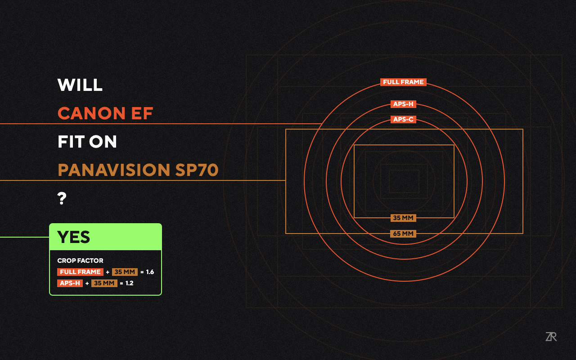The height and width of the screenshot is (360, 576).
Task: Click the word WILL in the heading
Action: (80, 85)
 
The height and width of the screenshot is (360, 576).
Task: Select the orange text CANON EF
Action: (105, 113)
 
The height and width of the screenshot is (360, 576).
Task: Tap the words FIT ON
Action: (87, 141)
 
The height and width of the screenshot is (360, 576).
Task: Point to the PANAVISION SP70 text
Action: (138, 170)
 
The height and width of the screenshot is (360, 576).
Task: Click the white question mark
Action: (62, 198)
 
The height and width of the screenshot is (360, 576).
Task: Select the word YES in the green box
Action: (73, 237)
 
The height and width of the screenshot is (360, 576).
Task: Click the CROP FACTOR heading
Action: (80, 261)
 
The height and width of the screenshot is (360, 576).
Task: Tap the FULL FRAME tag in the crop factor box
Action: (80, 272)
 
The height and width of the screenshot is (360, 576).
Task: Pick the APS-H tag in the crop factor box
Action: (70, 283)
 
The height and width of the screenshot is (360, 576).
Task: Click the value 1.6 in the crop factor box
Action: (150, 272)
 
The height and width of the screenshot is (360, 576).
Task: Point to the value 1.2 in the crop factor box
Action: (129, 283)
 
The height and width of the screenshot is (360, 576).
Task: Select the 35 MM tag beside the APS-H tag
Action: (104, 283)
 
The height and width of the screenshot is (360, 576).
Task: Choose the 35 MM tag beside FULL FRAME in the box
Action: (125, 272)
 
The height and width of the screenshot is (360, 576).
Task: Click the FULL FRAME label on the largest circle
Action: (403, 82)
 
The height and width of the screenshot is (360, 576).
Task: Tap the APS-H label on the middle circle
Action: (403, 104)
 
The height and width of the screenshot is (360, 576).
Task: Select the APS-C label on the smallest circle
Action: (403, 119)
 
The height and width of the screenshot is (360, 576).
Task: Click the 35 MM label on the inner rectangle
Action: (403, 218)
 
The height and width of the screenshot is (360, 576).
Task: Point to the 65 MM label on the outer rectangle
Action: (403, 234)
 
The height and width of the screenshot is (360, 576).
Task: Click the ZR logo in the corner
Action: (551, 337)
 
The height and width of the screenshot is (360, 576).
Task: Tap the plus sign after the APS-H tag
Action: (87, 283)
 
